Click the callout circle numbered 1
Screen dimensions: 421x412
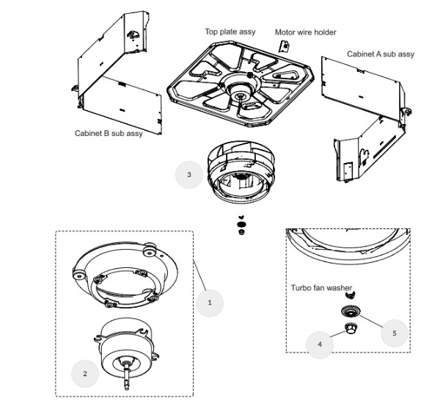[210, 303]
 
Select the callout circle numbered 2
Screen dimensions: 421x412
[85, 374]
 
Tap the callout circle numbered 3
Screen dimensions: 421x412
[189, 175]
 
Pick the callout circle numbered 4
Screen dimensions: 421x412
[320, 344]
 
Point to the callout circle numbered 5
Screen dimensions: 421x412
[395, 333]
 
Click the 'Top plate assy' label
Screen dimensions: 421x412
[230, 32]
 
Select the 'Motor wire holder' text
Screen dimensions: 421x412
[306, 32]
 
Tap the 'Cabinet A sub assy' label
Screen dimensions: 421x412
[381, 54]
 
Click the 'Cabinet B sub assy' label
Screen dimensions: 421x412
[109, 134]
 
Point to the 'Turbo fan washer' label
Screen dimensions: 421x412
[321, 288]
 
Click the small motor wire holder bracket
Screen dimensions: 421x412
[283, 46]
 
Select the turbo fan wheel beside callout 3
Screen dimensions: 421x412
[241, 171]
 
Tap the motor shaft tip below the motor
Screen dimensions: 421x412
[126, 387]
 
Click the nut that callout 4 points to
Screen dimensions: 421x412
[351, 328]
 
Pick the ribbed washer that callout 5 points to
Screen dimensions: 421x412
[351, 312]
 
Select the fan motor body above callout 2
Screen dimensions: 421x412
[126, 347]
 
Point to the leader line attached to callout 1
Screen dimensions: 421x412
[199, 275]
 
